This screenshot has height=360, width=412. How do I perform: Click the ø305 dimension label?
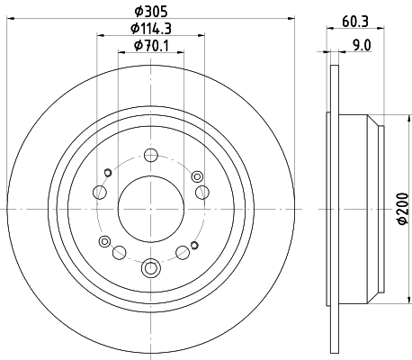click(x=151, y=12)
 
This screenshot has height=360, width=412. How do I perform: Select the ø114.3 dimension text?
click(x=151, y=30)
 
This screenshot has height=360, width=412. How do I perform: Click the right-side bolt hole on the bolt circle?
click(x=203, y=191)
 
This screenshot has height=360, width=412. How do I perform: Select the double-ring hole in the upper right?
click(x=197, y=174)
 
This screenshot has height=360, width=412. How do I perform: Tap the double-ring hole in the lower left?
click(x=105, y=241)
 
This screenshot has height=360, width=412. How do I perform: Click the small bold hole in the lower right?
click(x=194, y=241)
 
